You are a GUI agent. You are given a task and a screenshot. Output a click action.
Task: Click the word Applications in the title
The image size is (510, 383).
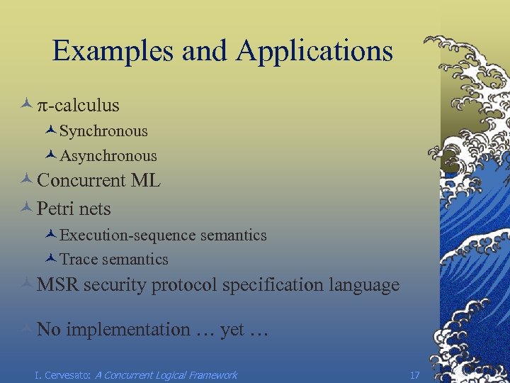pyautogui.click(x=315, y=51)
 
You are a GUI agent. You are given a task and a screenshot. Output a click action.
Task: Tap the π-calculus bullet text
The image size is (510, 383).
pyautogui.click(x=78, y=106)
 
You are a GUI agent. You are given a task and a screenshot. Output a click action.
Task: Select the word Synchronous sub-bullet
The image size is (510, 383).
pyautogui.click(x=104, y=131)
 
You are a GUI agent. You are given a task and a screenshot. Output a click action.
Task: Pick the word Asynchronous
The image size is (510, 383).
pyautogui.click(x=109, y=156)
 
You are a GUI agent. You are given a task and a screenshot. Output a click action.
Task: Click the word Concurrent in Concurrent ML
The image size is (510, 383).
pyautogui.click(x=81, y=181)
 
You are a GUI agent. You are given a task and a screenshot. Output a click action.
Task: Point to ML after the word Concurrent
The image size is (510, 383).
pyautogui.click(x=146, y=181)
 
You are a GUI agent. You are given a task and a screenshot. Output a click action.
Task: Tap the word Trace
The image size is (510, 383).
pyautogui.click(x=79, y=260)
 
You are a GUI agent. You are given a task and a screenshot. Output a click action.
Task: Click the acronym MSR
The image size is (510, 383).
pyautogui.click(x=57, y=285)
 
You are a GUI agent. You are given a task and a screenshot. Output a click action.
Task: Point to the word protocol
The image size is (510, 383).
pyautogui.click(x=184, y=285)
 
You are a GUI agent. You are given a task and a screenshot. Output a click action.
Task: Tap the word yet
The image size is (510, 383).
pyautogui.click(x=232, y=330)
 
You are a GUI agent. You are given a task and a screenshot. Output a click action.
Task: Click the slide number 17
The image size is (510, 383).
pyautogui.click(x=415, y=374)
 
